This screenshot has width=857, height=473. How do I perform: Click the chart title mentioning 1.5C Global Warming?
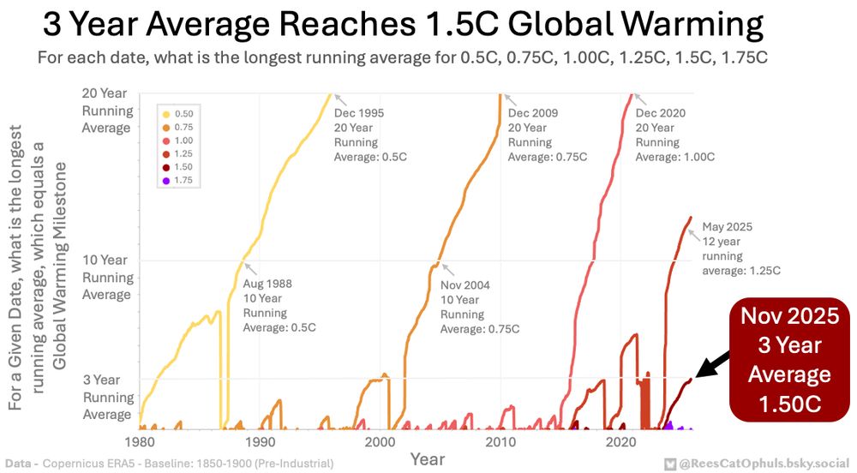pyautogui.click(x=403, y=26)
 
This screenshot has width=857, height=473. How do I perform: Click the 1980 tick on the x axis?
pyautogui.click(x=138, y=443)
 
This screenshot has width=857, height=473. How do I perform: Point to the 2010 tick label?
pyautogui.click(x=499, y=443)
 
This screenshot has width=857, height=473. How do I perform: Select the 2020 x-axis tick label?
pyautogui.click(x=620, y=443)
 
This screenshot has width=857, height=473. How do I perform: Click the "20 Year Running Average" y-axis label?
pyautogui.click(x=107, y=111)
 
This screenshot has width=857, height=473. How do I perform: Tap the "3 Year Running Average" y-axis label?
pyautogui.click(x=107, y=397)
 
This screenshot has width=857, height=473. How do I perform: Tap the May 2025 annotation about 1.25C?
pyautogui.click(x=741, y=248)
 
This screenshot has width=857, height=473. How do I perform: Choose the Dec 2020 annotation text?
pyautogui.click(x=674, y=135)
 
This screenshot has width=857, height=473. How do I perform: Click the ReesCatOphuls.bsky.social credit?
pyautogui.click(x=754, y=463)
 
